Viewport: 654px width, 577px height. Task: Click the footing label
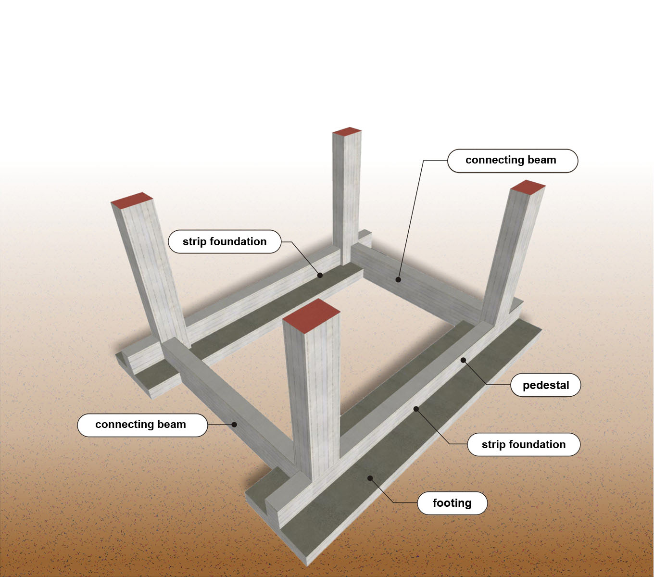pyautogui.click(x=452, y=503)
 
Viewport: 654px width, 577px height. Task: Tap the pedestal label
pyautogui.click(x=545, y=385)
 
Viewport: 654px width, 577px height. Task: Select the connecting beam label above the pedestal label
pyautogui.click(x=513, y=161)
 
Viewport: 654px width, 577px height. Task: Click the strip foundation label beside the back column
pyautogui.click(x=225, y=241)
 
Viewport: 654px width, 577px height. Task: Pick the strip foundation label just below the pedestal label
pyautogui.click(x=524, y=444)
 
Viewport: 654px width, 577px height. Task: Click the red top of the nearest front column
pyautogui.click(x=311, y=314)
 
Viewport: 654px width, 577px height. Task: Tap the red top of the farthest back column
pyautogui.click(x=347, y=131)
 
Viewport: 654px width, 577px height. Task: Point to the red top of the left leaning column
pyautogui.click(x=132, y=201)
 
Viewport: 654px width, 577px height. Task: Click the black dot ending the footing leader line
pyautogui.click(x=370, y=478)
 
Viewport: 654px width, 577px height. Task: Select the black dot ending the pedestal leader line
pyautogui.click(x=463, y=360)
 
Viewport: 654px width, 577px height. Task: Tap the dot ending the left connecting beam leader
pyautogui.click(x=235, y=424)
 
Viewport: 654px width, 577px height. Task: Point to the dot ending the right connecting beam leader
pyautogui.click(x=398, y=280)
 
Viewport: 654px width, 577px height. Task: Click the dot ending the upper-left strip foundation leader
pyautogui.click(x=320, y=275)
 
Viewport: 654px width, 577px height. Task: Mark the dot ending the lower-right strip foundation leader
pyautogui.click(x=416, y=409)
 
